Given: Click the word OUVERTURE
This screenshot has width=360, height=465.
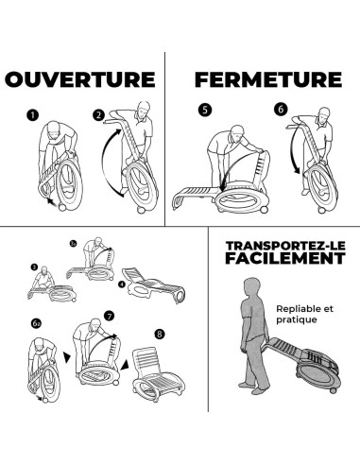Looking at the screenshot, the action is tap(80, 79).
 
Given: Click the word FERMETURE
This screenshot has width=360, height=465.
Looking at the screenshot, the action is tap(268, 79).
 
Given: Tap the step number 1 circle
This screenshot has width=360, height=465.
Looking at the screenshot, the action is tap(32, 115).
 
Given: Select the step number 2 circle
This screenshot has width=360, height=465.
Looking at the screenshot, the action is tap(98, 114).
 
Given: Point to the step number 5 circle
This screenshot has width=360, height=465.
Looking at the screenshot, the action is tap(205, 110).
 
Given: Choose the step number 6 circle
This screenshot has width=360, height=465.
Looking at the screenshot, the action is tap(281, 109).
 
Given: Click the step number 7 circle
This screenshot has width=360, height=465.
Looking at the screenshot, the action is tap(109, 316).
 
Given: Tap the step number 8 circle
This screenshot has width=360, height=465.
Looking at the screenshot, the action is tap(160, 334).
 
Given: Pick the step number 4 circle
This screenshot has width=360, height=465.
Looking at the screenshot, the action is tap(122, 284).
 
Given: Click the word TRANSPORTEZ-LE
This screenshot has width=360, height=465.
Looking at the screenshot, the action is tap(285, 246).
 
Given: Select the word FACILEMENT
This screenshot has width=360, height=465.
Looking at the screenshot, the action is tap(285, 258).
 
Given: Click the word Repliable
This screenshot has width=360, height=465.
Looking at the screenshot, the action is tap(296, 309).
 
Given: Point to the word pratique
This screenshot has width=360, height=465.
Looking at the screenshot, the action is tap(297, 319).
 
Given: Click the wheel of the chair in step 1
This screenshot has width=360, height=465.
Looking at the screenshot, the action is tap(62, 207).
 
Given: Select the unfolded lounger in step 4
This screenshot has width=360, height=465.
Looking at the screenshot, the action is tap(154, 285).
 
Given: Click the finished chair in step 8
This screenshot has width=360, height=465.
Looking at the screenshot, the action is tap(159, 374).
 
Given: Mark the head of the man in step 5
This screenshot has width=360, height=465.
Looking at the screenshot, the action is tap(238, 133).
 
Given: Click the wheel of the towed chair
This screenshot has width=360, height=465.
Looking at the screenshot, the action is tap(333, 390).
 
